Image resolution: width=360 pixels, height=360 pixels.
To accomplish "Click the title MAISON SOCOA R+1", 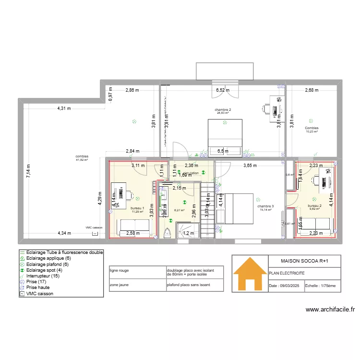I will (x=304, y=260).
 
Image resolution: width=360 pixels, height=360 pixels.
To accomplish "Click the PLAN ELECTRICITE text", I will (x=287, y=273).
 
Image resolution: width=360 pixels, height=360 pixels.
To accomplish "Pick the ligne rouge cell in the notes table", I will (x=120, y=271).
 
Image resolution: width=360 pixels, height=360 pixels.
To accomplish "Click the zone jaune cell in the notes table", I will (x=120, y=284).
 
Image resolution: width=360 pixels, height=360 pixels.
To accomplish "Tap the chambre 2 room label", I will (x=223, y=110).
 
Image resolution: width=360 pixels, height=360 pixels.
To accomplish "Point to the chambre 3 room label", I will (x=265, y=206).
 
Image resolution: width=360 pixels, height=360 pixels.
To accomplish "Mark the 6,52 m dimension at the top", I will (x=222, y=90).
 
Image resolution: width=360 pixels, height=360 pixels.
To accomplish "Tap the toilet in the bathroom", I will (x=168, y=233).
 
